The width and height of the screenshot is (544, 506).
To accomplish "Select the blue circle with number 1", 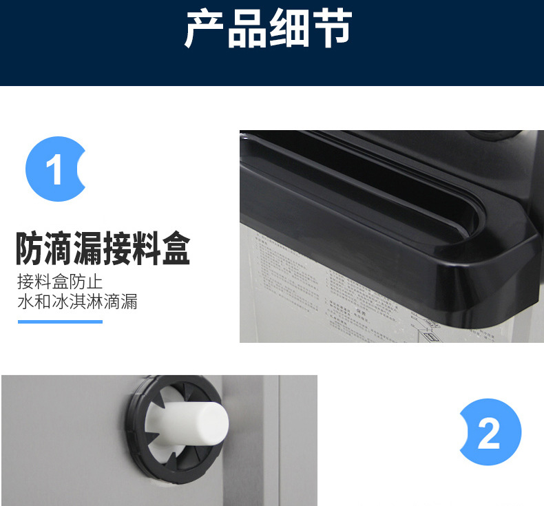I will (55, 169).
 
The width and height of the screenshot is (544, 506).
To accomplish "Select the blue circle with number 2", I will (490, 432).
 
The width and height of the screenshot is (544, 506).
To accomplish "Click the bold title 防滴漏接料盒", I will (102, 249).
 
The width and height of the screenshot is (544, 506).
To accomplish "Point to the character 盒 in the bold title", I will (175, 249).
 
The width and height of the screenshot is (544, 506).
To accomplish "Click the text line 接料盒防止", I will (60, 282).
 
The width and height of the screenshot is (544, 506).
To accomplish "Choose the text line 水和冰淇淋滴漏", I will (77, 302).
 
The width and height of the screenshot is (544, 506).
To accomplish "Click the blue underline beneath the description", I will (60, 321).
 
